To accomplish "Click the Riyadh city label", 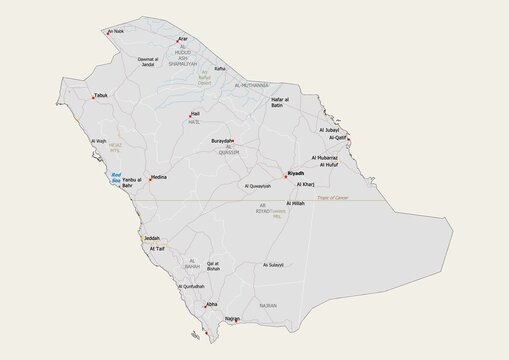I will pyautogui.click(x=296, y=173).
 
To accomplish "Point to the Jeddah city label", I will pyautogui.click(x=152, y=238).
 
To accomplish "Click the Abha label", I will pyautogui.click(x=211, y=304).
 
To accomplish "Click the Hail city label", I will pyautogui.click(x=196, y=114).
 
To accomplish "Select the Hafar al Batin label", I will pyautogui.click(x=278, y=104).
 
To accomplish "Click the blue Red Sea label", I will pyautogui.click(x=116, y=177).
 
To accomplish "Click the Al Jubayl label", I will pyautogui.click(x=329, y=130).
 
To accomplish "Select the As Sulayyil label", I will pyautogui.click(x=273, y=265).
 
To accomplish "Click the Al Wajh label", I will pyautogui.click(x=98, y=141).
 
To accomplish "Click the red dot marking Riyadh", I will pyautogui.click(x=284, y=176).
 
